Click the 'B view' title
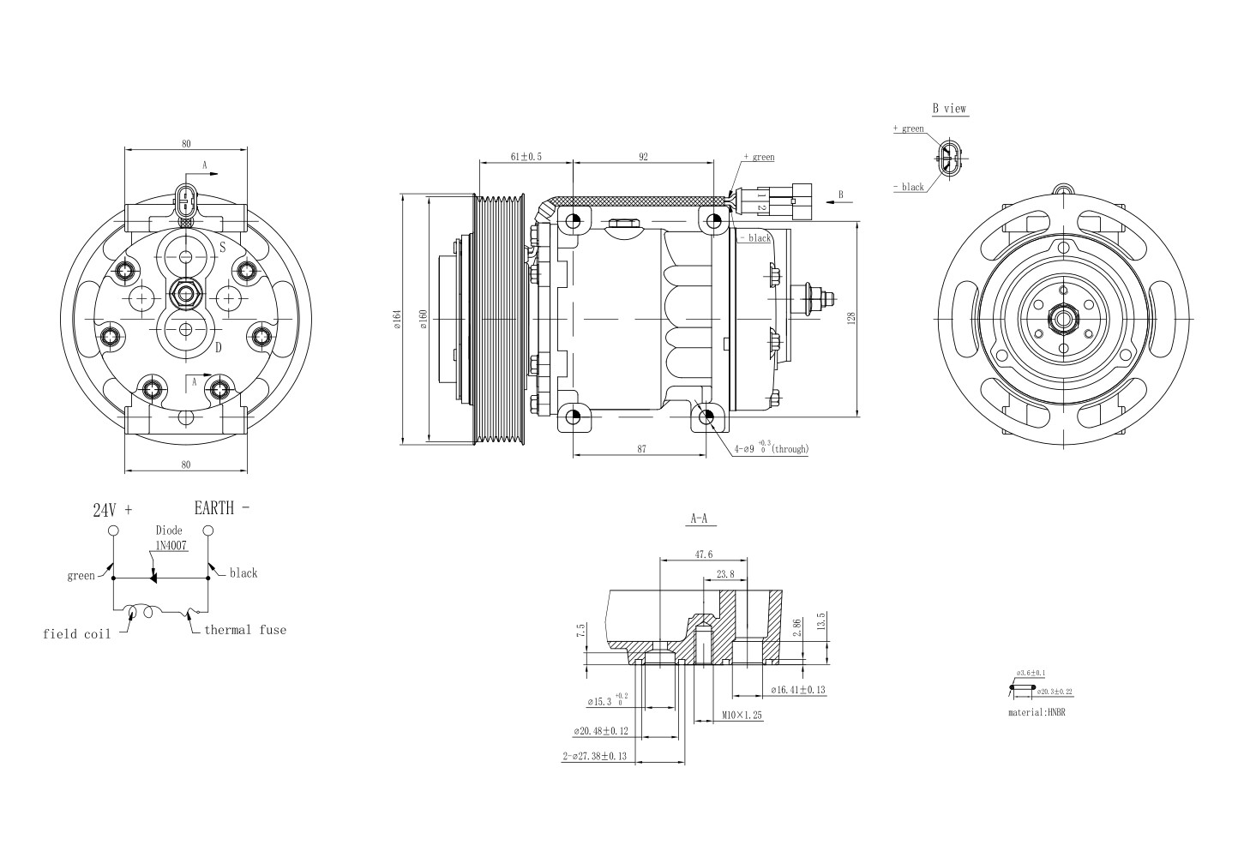tap(949, 109)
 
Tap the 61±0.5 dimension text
tap(526, 157)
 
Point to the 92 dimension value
tap(643, 157)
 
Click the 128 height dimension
tap(851, 318)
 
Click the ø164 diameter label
tap(397, 318)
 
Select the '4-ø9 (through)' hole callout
tap(771, 448)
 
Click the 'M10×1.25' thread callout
tap(742, 714)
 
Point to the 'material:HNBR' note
tap(1042, 712)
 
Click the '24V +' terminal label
tap(112, 510)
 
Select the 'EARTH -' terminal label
tap(222, 507)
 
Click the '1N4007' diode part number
tap(171, 545)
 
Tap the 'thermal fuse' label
tap(245, 630)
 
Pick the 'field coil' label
tap(77, 634)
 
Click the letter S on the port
tap(221, 248)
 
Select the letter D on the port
tap(219, 347)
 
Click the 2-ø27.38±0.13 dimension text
tap(595, 757)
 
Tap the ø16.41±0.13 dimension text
tap(798, 689)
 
